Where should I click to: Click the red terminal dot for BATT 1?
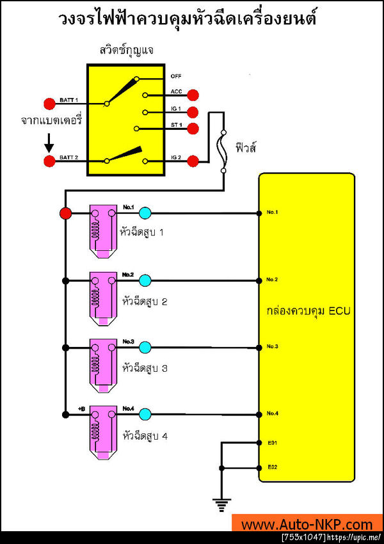[x=49, y=103]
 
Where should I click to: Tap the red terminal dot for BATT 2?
[x=49, y=161]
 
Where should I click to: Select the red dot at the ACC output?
[x=193, y=95]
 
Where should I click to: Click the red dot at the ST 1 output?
[x=193, y=128]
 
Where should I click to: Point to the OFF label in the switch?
[x=176, y=76]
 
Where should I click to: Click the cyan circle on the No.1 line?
[x=145, y=213]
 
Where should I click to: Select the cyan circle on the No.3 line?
[x=145, y=347]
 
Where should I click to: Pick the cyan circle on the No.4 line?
[x=145, y=413]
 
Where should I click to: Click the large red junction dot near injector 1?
[x=65, y=213]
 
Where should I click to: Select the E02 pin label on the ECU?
[x=273, y=467]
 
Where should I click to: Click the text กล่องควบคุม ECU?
[x=307, y=311]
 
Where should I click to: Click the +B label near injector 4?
[x=81, y=407]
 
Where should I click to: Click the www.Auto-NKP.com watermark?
[x=307, y=525]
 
